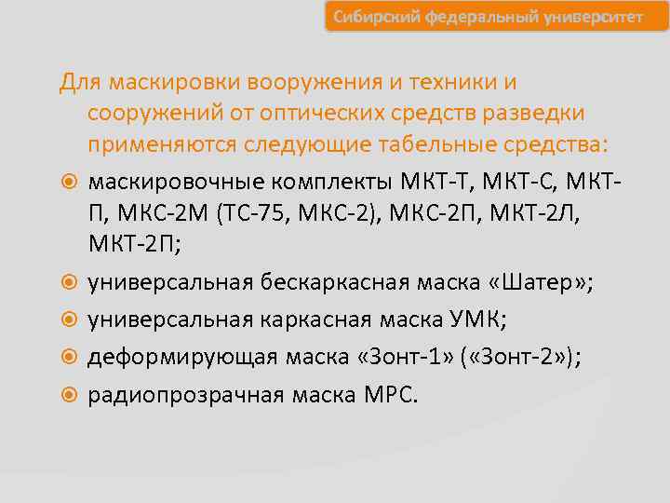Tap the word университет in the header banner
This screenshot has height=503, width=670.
click(591, 18)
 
